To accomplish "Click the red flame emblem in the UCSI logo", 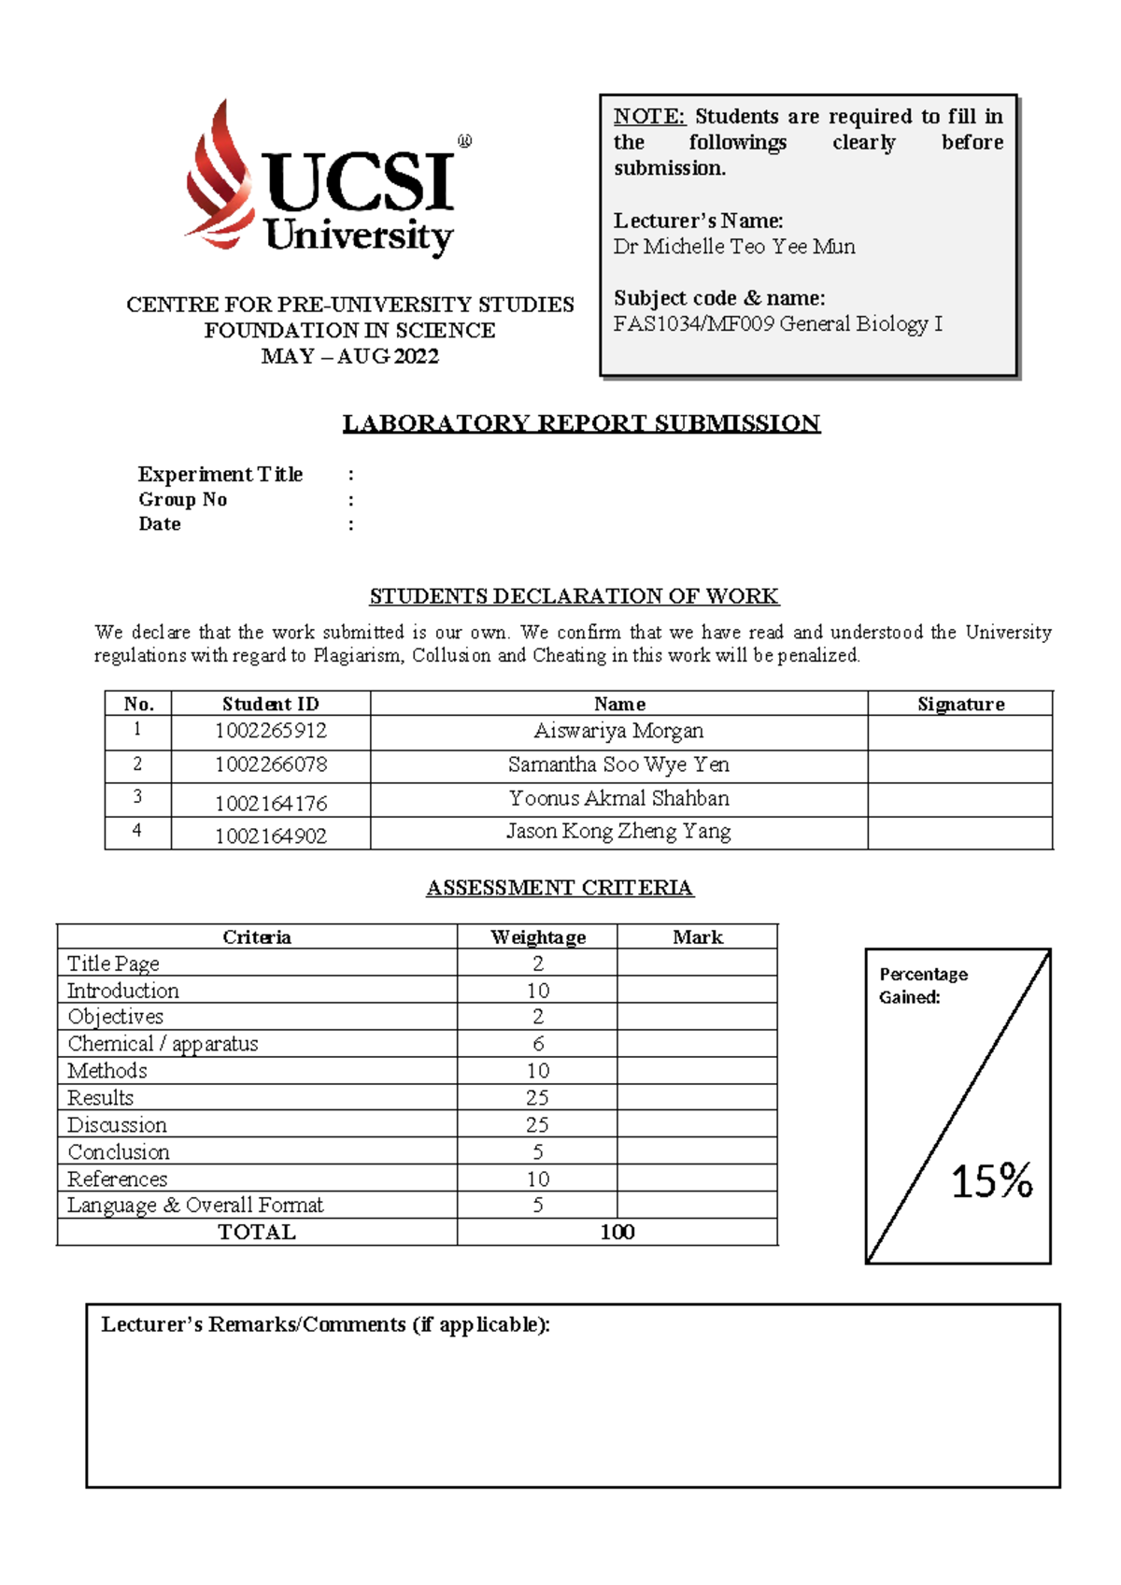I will click(220, 178).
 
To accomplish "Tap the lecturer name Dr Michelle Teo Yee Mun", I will click(734, 247).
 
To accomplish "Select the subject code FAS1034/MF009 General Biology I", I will click(777, 324).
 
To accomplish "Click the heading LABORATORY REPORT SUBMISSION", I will click(581, 423).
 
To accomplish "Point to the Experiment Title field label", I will click(220, 475).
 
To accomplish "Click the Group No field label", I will click(183, 500).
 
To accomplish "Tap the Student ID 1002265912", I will click(271, 731).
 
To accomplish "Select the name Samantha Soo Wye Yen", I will click(618, 765).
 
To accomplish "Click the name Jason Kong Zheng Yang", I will click(618, 832).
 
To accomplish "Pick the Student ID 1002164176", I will click(271, 804).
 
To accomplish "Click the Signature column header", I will click(960, 705).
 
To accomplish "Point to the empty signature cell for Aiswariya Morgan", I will click(960, 732).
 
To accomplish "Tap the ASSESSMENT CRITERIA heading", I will click(560, 888).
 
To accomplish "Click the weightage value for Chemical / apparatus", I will click(538, 1044).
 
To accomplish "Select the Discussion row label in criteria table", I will click(118, 1125).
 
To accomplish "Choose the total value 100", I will click(617, 1233).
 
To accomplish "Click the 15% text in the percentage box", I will click(991, 1181).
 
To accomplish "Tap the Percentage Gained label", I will click(923, 986).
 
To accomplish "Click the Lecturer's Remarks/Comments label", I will click(325, 1325).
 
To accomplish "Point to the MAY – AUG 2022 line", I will click(350, 357).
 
